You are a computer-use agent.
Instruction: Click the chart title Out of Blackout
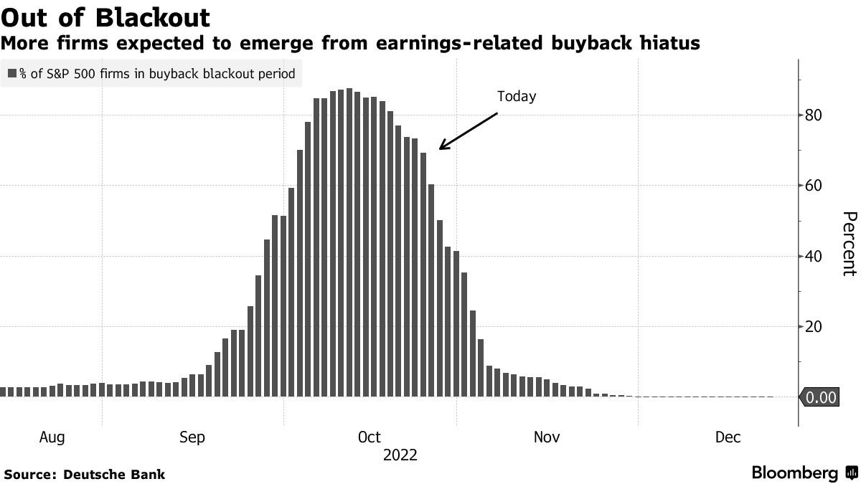click(x=107, y=17)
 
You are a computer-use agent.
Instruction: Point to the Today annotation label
click(x=517, y=97)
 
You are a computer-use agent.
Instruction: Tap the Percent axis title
click(x=849, y=244)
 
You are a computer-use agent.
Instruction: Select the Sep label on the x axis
click(x=193, y=437)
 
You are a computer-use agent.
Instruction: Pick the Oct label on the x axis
click(x=369, y=437)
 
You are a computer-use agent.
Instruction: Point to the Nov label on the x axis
click(x=547, y=437)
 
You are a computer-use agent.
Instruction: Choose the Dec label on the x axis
click(x=728, y=437)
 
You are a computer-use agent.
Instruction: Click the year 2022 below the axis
click(x=400, y=455)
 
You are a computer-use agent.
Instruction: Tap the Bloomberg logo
click(x=804, y=473)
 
